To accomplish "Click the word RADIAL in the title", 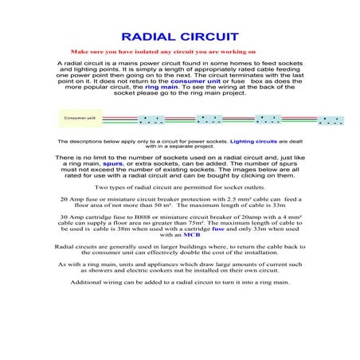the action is pyautogui.click(x=150, y=37).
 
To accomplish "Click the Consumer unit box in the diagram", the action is pyautogui.click(x=80, y=118).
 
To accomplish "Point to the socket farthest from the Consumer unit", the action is pyautogui.click(x=330, y=121).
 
